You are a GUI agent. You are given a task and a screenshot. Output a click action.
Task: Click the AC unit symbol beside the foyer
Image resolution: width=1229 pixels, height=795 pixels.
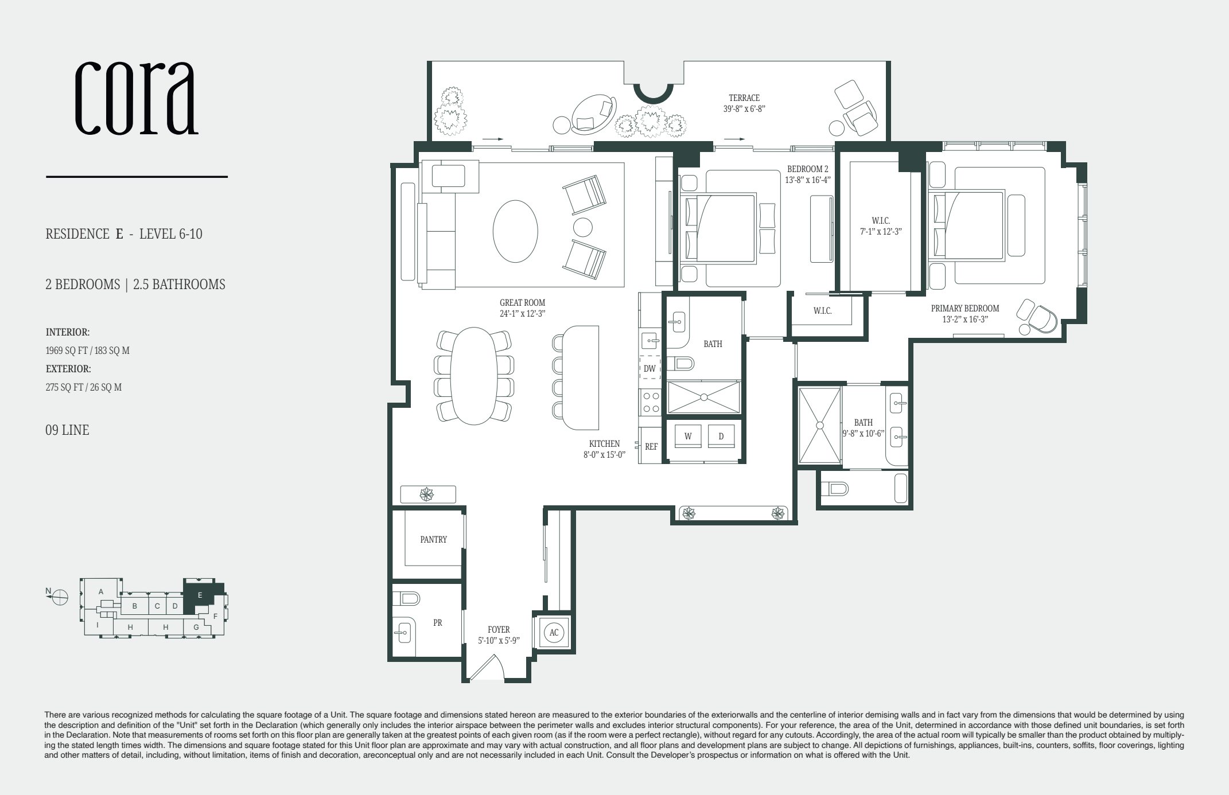(x=554, y=633)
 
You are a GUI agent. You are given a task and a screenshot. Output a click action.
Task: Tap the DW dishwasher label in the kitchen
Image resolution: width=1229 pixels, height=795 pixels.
(x=649, y=369)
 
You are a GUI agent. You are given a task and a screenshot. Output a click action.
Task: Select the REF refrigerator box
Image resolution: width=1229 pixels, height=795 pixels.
(x=651, y=446)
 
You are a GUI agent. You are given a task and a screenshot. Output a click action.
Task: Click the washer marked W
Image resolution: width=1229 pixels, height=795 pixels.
(x=688, y=436)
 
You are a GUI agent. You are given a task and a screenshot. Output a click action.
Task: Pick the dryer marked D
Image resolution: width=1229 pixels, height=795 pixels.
(x=721, y=436)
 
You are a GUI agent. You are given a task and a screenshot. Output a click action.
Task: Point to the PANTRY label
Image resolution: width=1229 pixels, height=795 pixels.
(x=433, y=539)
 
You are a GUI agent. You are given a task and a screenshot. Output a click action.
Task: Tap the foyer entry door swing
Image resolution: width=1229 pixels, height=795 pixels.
(x=488, y=668)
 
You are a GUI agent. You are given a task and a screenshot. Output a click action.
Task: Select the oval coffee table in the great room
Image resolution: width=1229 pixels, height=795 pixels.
(x=515, y=231)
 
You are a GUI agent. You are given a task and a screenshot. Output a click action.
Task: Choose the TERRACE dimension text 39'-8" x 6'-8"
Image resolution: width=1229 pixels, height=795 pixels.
(x=744, y=108)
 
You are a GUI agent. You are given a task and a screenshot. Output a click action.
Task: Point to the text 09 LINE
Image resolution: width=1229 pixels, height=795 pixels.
(x=67, y=430)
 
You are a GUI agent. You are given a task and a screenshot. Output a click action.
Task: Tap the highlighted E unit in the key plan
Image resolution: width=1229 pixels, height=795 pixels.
(x=200, y=595)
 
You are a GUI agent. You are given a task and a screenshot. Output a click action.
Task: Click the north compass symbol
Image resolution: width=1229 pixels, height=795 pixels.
(x=59, y=597)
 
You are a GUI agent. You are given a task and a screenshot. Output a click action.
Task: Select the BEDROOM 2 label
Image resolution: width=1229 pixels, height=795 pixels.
(x=807, y=169)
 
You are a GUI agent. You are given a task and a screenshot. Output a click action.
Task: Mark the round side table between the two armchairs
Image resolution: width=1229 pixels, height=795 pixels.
(x=582, y=228)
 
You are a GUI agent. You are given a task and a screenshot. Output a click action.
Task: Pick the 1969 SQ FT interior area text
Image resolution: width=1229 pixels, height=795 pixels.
(x=87, y=350)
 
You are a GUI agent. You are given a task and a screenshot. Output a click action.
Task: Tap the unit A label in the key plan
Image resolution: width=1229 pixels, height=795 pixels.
(x=100, y=591)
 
